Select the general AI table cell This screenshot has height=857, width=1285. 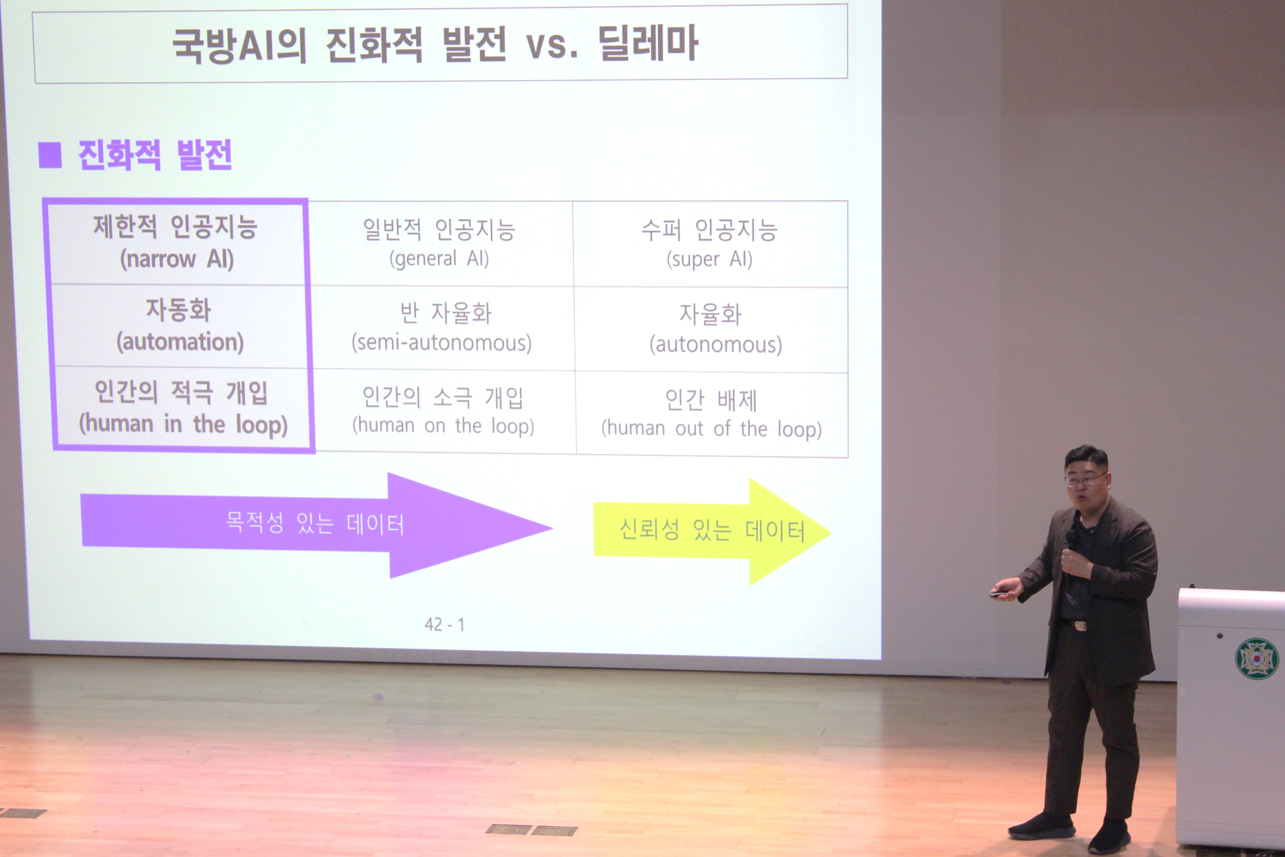[440, 244]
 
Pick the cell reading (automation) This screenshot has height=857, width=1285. [179, 326]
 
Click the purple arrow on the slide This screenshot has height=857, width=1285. [316, 525]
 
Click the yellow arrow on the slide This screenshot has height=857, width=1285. [712, 531]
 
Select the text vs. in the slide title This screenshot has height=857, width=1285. [552, 45]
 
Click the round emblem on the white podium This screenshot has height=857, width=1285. [1256, 658]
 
